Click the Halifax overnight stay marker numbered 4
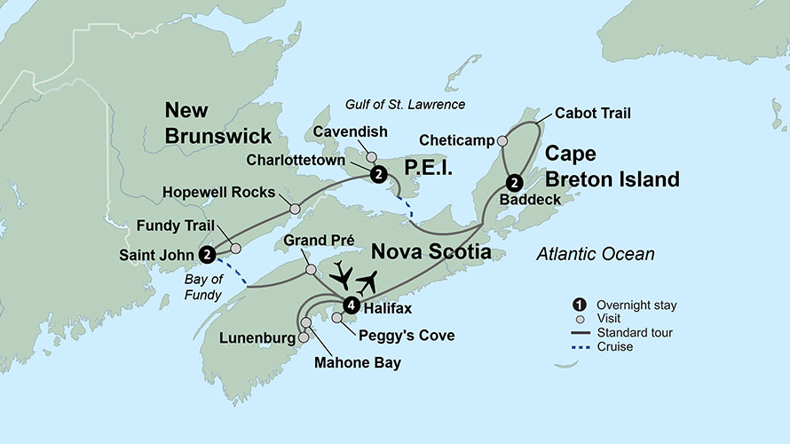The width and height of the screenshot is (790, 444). pyautogui.click(x=352, y=305)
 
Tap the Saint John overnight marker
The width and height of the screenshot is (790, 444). pyautogui.click(x=207, y=254)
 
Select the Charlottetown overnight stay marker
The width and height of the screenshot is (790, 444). pyautogui.click(x=379, y=174)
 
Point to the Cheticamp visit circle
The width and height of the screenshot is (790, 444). pyautogui.click(x=502, y=140)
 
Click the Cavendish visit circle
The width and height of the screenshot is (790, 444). pyautogui.click(x=372, y=156)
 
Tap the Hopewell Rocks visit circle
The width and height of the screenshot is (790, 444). pyautogui.click(x=295, y=210)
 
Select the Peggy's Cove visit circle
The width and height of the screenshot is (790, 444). pyautogui.click(x=337, y=318)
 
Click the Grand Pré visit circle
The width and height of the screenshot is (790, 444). pyautogui.click(x=311, y=269)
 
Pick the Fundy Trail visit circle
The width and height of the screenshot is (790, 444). pyautogui.click(x=235, y=249)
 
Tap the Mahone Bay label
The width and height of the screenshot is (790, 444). pyautogui.click(x=357, y=362)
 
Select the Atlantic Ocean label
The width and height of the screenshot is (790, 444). pyautogui.click(x=595, y=255)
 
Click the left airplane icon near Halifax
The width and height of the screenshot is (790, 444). pyautogui.click(x=342, y=277)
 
